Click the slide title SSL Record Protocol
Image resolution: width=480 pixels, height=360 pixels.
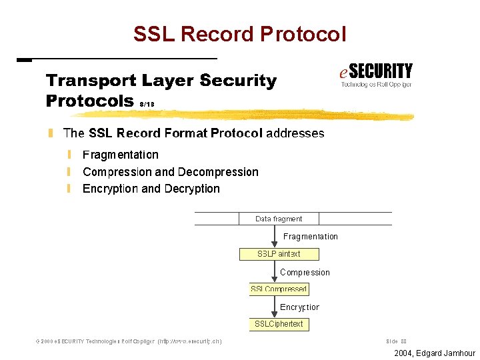click(x=240, y=33)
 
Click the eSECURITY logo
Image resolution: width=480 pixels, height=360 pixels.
click(x=376, y=75)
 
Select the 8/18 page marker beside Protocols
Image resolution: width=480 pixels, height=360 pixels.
click(x=148, y=104)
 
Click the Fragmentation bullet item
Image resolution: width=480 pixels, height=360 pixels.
click(x=120, y=155)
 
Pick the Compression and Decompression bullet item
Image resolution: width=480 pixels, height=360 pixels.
click(x=170, y=172)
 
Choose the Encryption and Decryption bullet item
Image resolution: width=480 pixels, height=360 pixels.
click(x=151, y=189)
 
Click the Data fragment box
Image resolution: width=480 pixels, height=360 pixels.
click(x=279, y=219)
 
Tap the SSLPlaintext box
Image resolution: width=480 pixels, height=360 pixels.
click(x=279, y=254)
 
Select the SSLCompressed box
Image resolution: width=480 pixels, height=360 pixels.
click(x=279, y=289)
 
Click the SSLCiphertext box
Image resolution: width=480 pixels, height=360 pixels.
click(x=279, y=324)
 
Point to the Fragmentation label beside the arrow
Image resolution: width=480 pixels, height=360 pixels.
click(x=310, y=237)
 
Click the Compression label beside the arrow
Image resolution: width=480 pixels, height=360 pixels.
click(x=305, y=272)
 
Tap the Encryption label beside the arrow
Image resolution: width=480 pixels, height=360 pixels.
click(x=299, y=307)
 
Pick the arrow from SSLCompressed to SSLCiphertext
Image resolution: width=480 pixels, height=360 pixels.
click(x=274, y=307)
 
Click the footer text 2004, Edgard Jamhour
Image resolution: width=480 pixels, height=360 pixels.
click(x=435, y=353)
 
